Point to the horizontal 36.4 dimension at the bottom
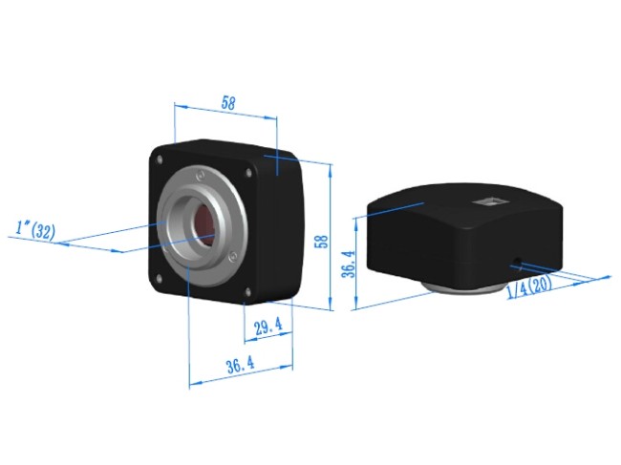[x=240, y=364]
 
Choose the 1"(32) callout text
[x=35, y=229]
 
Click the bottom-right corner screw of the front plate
[x=247, y=292]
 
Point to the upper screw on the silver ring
[x=200, y=175]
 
